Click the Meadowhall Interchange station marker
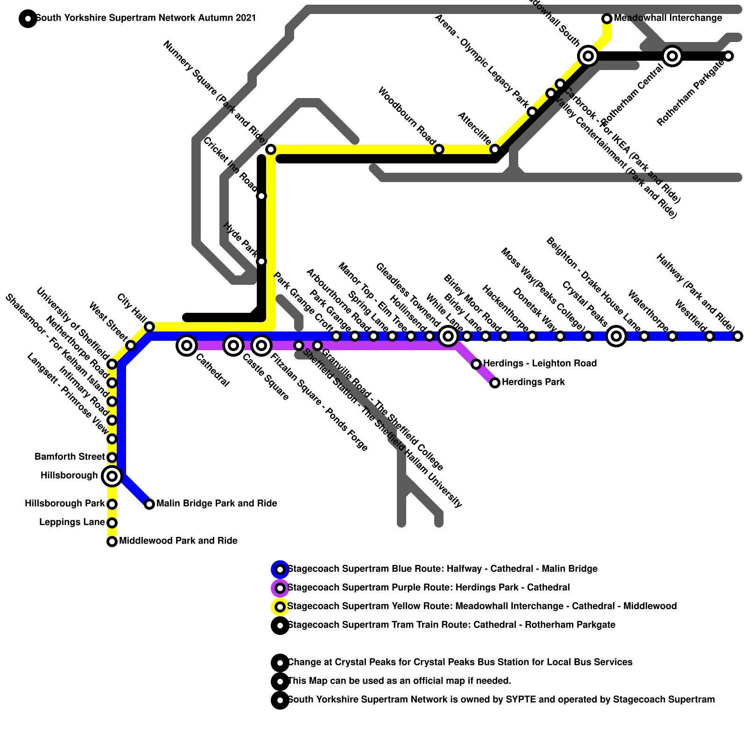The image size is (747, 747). coord(607,19)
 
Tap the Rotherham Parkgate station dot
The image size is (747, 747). coord(728,56)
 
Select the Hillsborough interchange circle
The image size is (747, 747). coord(112,476)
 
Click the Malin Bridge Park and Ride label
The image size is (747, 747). coord(217,504)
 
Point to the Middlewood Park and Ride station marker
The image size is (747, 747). coord(112,542)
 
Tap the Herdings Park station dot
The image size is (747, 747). coord(495,383)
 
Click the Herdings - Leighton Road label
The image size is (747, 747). coord(540,363)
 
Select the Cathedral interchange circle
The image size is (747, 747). coord(187,345)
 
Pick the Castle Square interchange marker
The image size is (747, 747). coord(233,345)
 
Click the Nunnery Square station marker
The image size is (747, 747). coord(271,149)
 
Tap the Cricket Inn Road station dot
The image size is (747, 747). coord(261,196)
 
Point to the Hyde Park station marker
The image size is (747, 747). coord(261,261)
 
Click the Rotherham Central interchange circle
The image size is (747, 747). coord(672,56)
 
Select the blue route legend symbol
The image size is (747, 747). coord(280,570)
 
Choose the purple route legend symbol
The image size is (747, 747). coord(280,588)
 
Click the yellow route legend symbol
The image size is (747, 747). coord(280,607)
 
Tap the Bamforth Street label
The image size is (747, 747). coord(70,457)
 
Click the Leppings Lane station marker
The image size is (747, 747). coord(112,523)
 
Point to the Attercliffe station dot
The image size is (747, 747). coord(495,149)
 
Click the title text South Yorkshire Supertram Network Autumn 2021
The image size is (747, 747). coord(146,18)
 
